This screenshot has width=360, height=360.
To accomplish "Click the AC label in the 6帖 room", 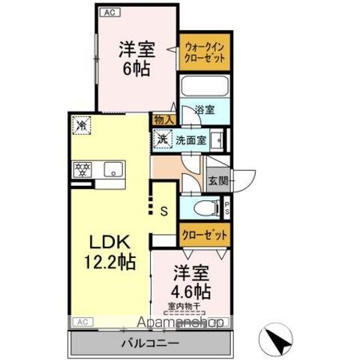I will (108, 11).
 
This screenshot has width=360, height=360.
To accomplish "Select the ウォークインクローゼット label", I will (204, 53).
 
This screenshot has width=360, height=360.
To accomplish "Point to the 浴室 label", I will (205, 109).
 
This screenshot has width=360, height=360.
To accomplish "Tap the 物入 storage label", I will (164, 119).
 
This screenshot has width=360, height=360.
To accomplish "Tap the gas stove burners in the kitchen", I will (82, 169).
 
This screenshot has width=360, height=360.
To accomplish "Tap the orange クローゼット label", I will (205, 235).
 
